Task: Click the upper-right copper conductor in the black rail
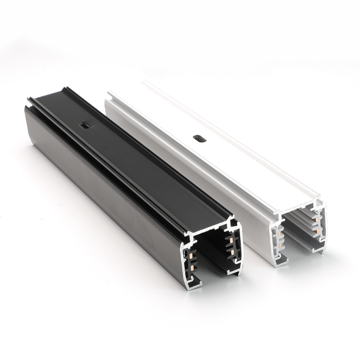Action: (x=231, y=239)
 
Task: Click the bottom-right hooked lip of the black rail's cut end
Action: (x=235, y=271)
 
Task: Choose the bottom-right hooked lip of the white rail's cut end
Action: (x=319, y=245)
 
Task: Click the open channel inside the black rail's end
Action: (x=211, y=254)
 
